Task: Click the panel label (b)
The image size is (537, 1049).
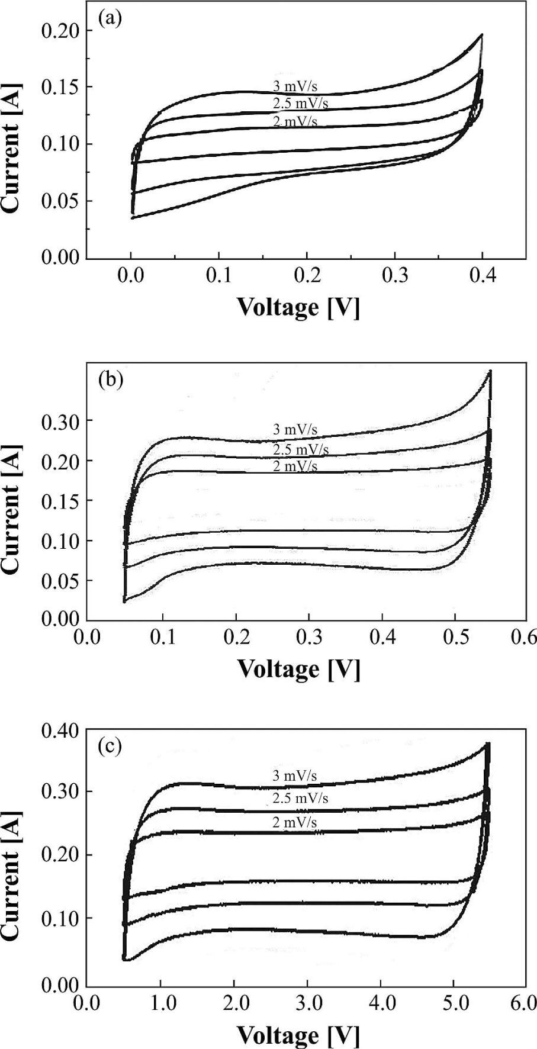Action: (x=110, y=378)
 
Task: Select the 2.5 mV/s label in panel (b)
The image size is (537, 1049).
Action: (x=300, y=449)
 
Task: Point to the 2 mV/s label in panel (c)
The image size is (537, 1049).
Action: (x=295, y=822)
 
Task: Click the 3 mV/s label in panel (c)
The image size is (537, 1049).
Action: (x=295, y=776)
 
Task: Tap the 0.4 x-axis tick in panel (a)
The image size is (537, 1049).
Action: (x=483, y=277)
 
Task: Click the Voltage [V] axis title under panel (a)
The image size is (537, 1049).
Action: (x=298, y=307)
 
